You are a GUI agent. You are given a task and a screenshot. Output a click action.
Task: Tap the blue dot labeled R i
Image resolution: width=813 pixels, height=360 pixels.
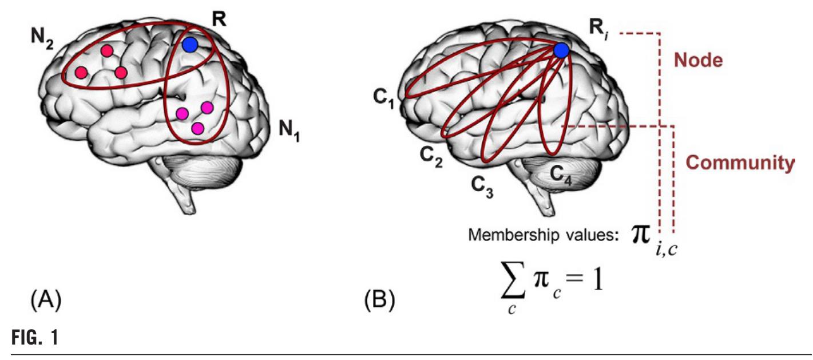(x=561, y=51)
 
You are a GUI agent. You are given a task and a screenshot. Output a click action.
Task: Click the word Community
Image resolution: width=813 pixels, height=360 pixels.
(x=740, y=163)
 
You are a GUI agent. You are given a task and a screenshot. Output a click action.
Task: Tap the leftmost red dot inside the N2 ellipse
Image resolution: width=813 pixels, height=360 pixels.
(x=81, y=73)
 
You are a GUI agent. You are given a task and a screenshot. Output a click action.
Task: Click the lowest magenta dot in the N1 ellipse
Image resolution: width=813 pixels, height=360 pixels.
(x=197, y=128)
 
